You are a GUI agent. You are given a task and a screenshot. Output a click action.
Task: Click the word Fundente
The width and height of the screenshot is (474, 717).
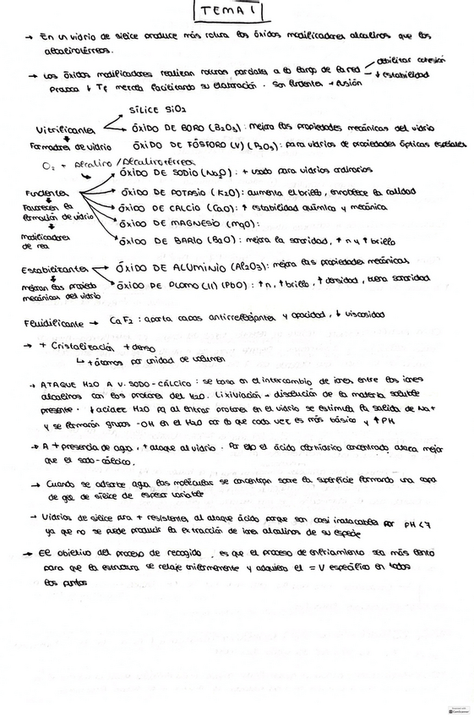[41, 193]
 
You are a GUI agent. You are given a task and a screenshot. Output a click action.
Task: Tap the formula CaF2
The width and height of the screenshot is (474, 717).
[120, 322]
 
